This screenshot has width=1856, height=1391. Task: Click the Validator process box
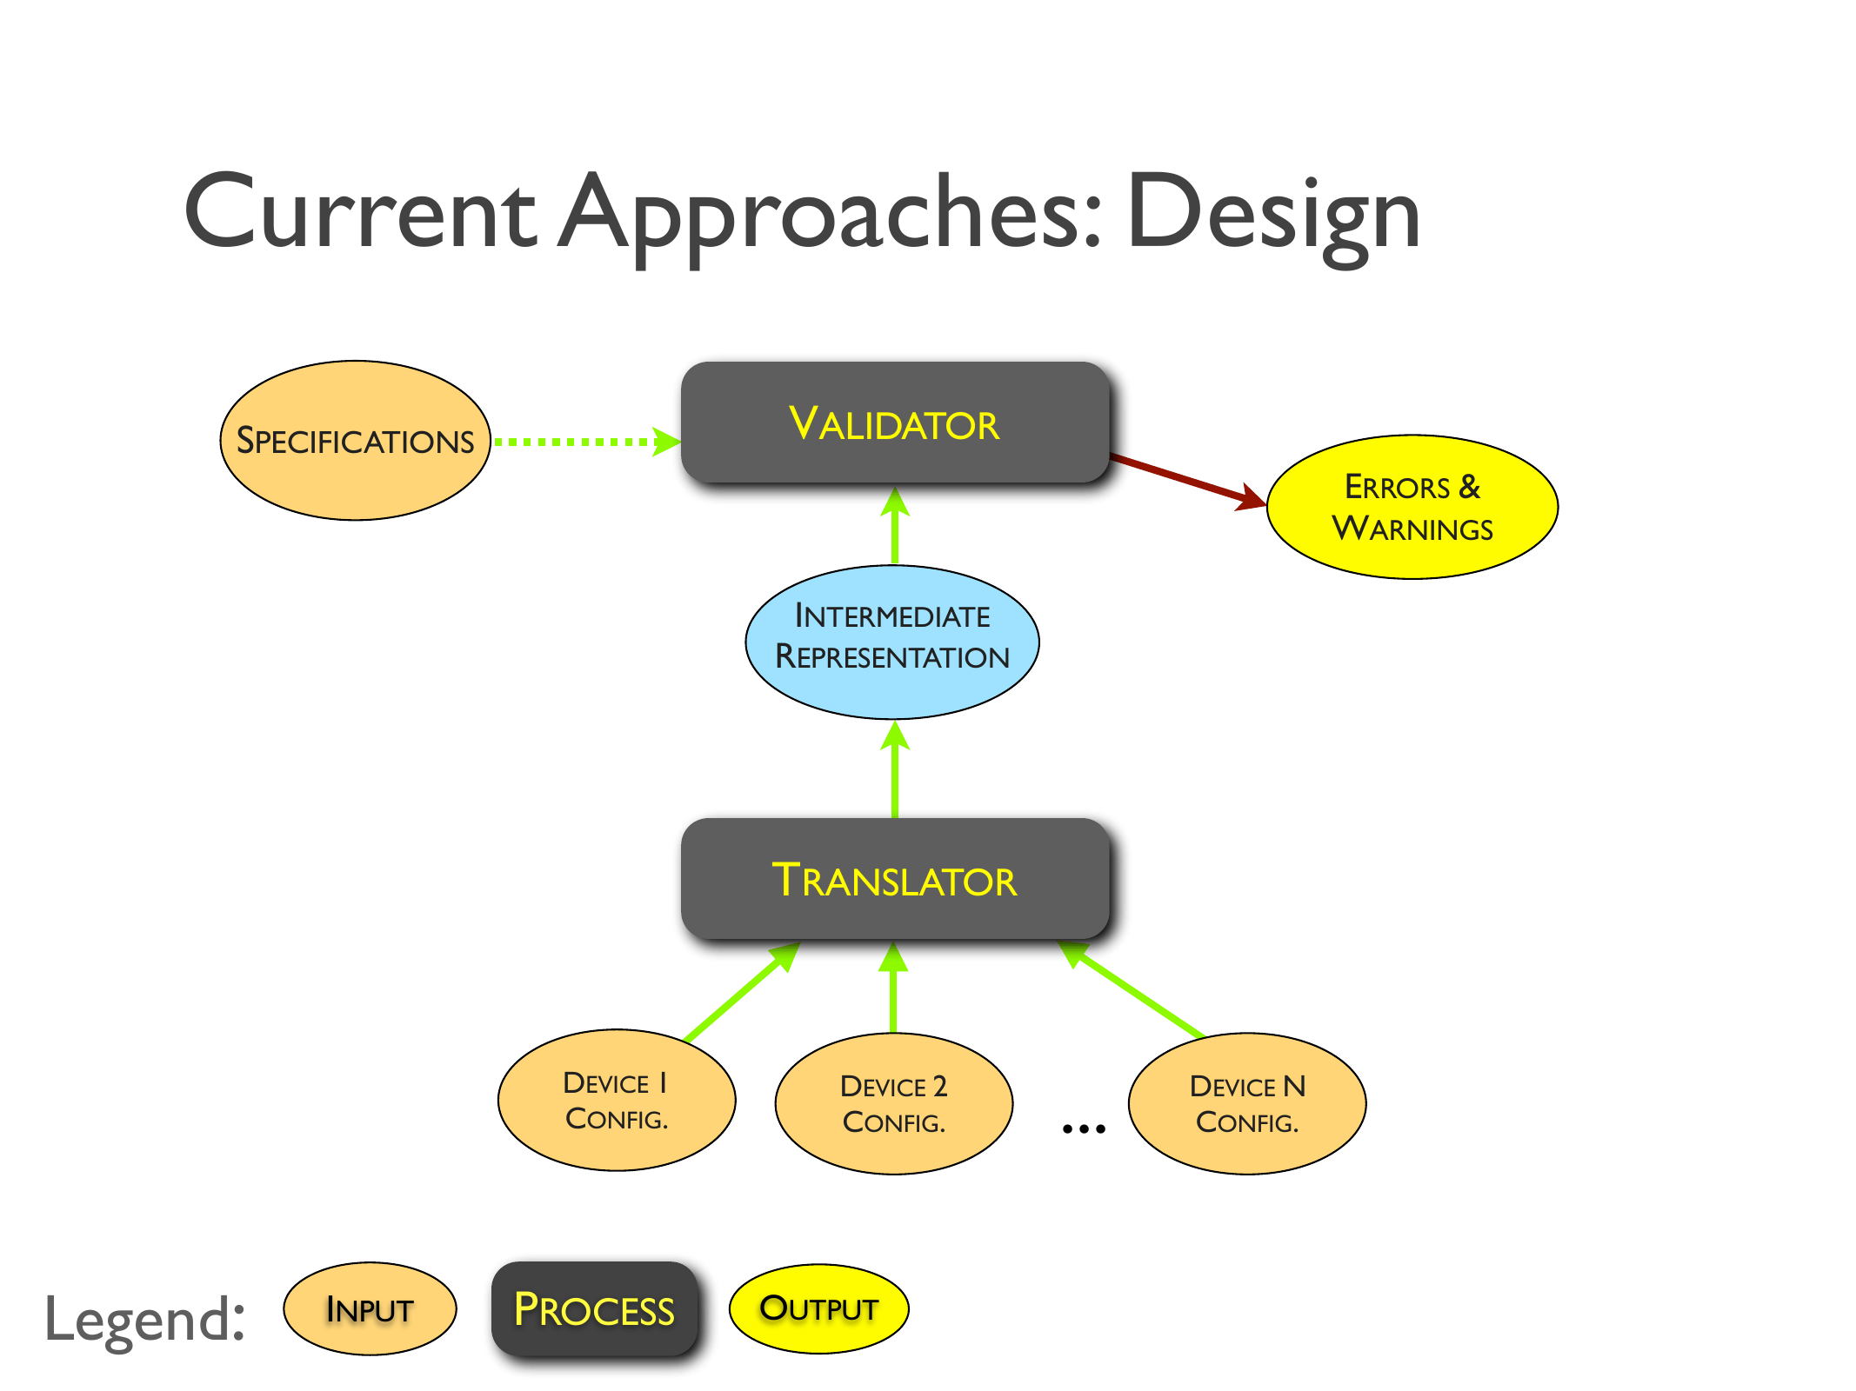[894, 423]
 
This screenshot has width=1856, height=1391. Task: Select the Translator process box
[894, 879]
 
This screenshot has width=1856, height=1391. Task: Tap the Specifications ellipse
[355, 441]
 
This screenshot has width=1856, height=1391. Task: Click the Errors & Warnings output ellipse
[1412, 507]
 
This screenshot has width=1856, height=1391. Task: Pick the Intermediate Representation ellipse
[892, 642]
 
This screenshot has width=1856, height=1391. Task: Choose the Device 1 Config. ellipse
[616, 1101]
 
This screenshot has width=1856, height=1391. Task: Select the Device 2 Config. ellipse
[893, 1103]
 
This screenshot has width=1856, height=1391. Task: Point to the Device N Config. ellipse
[1246, 1103]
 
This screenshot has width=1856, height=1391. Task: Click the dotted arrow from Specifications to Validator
[583, 442]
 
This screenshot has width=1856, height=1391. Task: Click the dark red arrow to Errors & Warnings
[1187, 479]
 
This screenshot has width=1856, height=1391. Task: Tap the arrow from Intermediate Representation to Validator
[895, 527]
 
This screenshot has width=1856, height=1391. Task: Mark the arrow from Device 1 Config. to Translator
[739, 993]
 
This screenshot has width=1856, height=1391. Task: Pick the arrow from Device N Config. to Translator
[1135, 992]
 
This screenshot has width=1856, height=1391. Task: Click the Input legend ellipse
[370, 1308]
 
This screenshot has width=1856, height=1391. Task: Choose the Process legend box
[594, 1308]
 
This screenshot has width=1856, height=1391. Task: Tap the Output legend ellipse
[818, 1308]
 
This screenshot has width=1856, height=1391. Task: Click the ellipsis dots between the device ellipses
[1084, 1128]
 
